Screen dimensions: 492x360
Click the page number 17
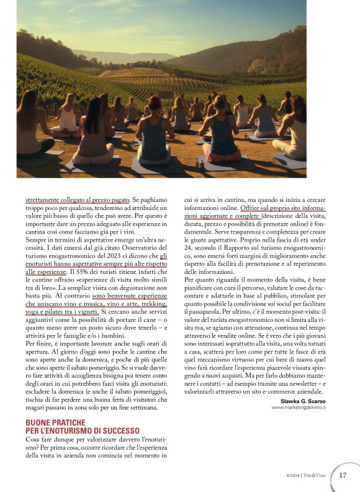point(343,475)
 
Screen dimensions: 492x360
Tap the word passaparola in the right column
point(204,312)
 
